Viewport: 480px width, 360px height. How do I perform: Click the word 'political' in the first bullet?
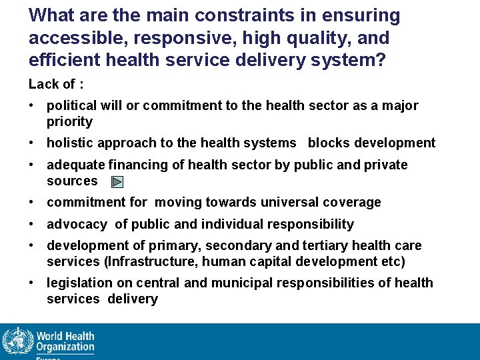point(71,105)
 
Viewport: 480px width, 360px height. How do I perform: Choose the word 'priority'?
point(69,121)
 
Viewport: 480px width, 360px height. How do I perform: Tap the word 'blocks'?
point(328,143)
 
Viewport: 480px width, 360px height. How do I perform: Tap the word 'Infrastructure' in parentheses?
point(137,261)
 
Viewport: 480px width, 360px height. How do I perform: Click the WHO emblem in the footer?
point(16,342)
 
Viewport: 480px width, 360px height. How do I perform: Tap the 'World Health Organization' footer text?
point(65,341)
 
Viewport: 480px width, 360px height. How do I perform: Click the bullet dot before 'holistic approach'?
point(32,143)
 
